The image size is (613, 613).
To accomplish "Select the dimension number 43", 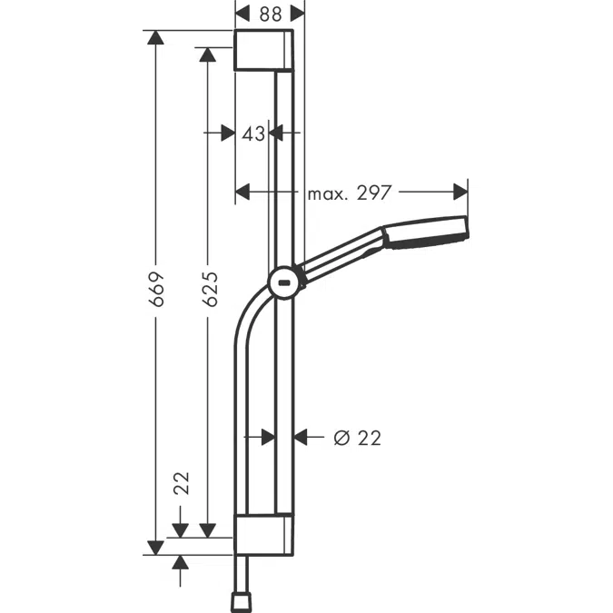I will pos(253,133).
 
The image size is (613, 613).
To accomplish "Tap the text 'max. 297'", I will pos(349,193).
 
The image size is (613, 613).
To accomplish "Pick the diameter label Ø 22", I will pos(357,438).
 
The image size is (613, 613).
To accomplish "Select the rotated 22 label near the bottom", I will pos(180,482).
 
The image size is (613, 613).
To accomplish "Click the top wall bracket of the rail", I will pos(264,50).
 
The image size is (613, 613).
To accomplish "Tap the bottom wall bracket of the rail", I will pos(264,533).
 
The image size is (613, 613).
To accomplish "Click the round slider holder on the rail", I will pos(284,282).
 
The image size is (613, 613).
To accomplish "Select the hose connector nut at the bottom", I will pos(242,600).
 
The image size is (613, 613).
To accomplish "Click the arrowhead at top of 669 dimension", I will pos(156,38).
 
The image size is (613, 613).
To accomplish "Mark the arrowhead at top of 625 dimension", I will pos(208,55).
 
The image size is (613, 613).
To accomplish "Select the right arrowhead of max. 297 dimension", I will pos(460,192).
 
